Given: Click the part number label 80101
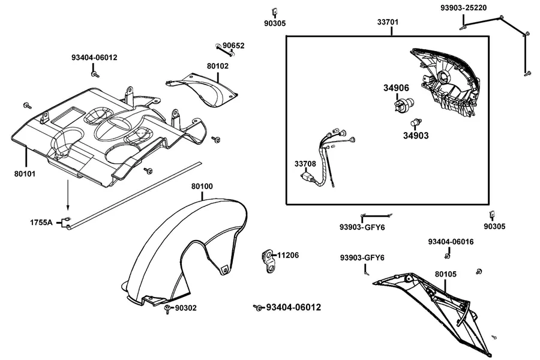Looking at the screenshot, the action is tap(25, 174).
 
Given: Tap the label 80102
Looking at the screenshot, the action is tap(218, 66).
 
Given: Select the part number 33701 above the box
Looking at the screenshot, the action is tap(388, 22).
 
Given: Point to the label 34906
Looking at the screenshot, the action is tap(397, 88).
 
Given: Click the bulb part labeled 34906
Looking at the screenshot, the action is tap(404, 104).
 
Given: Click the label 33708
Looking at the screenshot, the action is tap(305, 164).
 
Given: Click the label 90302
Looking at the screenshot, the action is tap(186, 308).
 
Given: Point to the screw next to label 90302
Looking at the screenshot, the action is tap(168, 309).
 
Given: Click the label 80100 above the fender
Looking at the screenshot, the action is tap(202, 187).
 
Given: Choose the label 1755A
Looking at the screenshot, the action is tap(41, 223).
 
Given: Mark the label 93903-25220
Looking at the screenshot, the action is tap(464, 8).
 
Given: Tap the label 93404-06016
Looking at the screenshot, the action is tap(451, 242).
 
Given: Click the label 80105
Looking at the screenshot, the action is tap(446, 274).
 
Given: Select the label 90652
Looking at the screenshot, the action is tap(233, 46).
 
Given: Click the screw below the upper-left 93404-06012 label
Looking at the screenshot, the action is tap(95, 73).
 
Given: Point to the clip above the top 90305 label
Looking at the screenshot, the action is tap(275, 12).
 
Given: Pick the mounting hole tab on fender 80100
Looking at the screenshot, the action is tap(225, 269).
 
